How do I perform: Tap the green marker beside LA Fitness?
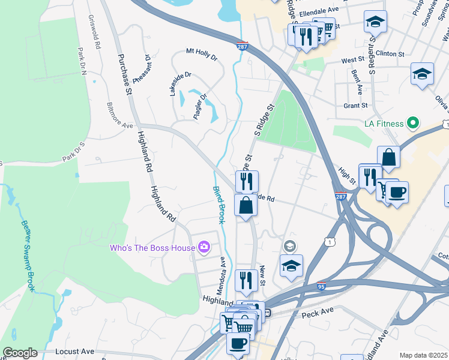point(412,124)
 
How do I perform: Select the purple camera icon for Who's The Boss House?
point(204,247)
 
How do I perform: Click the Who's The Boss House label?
point(152,248)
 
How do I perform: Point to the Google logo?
point(20,353)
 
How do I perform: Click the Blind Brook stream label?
point(218,205)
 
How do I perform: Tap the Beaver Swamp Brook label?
point(28,256)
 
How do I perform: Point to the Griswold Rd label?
point(93,31)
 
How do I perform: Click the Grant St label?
point(355,106)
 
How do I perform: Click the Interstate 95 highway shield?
point(322,287)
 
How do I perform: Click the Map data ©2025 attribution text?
point(423,355)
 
